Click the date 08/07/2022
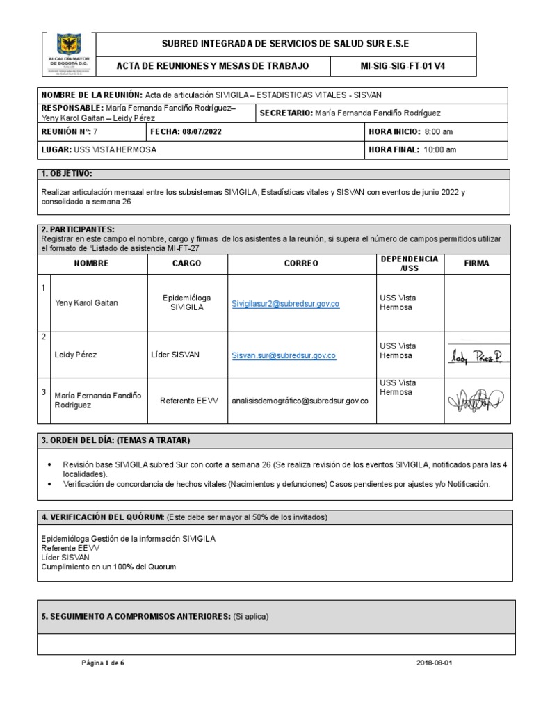202,131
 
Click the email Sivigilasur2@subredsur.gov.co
285,304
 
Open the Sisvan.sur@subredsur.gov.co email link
284,355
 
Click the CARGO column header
186,264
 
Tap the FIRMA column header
476,264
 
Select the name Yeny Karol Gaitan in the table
86,303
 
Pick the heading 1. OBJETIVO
67,173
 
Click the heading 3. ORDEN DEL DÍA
115,440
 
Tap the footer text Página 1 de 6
103,663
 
